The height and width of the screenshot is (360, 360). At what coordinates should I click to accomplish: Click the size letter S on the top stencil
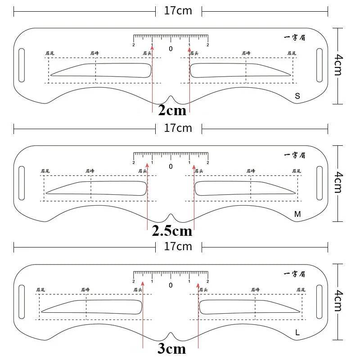click(x=297, y=96)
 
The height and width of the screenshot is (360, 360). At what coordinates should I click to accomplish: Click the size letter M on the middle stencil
click(x=297, y=214)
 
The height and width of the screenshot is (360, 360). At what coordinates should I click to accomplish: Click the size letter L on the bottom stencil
click(x=297, y=333)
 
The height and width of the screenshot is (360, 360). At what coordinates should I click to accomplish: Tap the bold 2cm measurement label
click(x=171, y=110)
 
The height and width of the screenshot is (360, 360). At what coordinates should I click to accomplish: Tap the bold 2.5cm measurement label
click(x=171, y=231)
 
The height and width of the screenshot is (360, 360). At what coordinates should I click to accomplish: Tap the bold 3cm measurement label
click(x=171, y=349)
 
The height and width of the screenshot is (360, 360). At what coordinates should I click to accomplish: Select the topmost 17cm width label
click(x=178, y=10)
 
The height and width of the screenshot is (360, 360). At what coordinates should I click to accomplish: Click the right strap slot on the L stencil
click(x=320, y=301)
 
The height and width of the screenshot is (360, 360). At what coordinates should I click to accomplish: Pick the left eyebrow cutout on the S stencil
click(x=100, y=70)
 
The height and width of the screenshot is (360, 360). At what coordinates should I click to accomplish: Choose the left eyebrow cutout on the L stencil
click(x=92, y=307)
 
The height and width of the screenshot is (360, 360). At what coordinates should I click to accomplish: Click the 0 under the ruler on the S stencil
click(x=171, y=48)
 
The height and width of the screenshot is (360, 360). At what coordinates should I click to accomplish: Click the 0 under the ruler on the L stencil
click(x=171, y=285)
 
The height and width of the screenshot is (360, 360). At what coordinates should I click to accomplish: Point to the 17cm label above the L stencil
click(x=178, y=246)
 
